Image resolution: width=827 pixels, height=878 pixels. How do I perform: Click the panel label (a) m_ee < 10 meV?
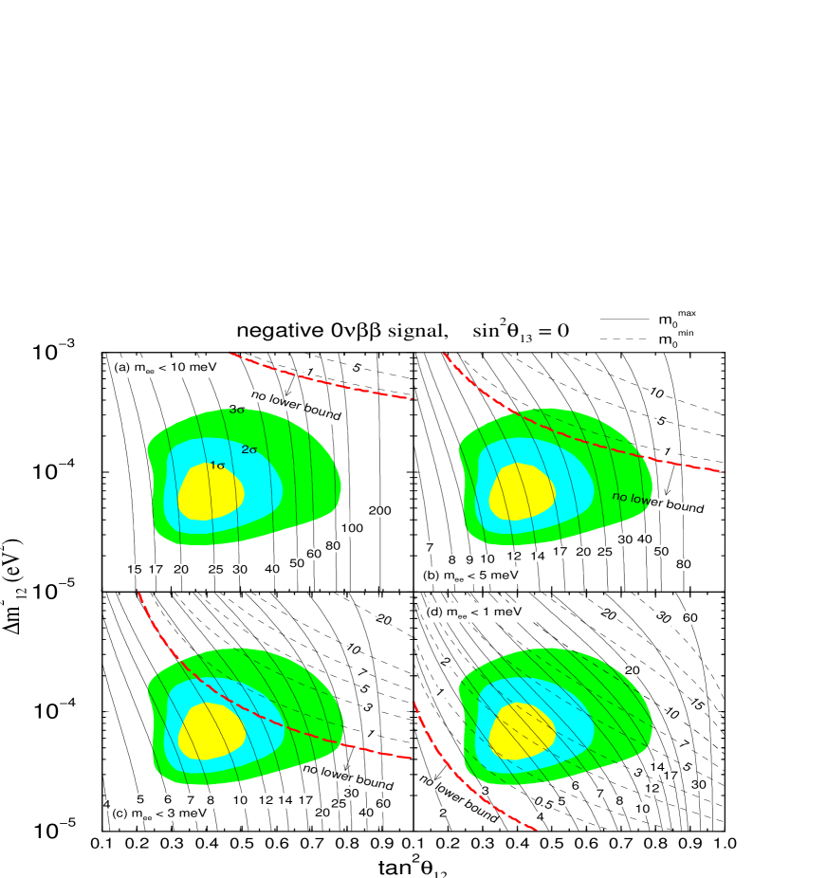coord(167,368)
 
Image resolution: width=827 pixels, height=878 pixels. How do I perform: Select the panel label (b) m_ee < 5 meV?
coord(473,575)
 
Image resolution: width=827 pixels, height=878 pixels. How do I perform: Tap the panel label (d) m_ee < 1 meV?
coord(480,613)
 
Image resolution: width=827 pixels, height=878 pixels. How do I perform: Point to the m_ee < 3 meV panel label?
coord(165,814)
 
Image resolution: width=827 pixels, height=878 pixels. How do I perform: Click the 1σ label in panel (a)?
coord(217,466)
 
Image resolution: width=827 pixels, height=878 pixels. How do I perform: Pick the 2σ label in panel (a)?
coord(249,449)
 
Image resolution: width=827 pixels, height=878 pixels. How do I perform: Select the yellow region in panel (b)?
coord(522,492)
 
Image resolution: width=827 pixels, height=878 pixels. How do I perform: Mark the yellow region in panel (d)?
coord(522,731)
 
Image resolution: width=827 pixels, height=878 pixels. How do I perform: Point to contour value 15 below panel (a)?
coord(134,569)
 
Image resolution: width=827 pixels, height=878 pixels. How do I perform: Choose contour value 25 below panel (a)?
coord(215,569)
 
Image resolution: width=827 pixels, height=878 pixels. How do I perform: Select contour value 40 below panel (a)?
coord(272,569)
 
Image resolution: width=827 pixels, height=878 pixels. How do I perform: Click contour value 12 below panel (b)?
coord(513,557)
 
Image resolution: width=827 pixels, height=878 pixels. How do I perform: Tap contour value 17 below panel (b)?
coord(561,552)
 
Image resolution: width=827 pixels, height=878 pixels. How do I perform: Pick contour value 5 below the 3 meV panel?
coord(140,799)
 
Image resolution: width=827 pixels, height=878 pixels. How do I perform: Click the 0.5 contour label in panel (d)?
coord(542,803)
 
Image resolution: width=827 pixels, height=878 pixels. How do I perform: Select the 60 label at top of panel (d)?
coord(690,618)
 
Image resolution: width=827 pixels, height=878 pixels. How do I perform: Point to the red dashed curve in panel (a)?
coord(322,381)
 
